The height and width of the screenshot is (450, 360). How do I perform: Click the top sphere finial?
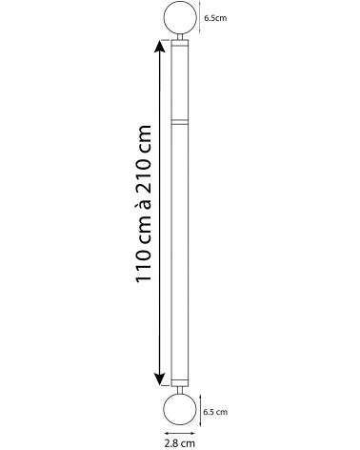[180, 17]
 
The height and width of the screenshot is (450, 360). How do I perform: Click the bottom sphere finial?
[180, 410]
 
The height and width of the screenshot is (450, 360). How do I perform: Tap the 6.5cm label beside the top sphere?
[215, 18]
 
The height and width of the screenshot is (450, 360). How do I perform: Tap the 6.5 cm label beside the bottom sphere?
[215, 412]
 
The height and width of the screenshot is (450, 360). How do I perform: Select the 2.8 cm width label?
[180, 442]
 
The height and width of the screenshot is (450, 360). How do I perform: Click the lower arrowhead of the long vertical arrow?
[159, 379]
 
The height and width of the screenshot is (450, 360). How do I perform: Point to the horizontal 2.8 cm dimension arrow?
[180, 433]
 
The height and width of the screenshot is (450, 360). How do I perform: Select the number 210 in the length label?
[143, 175]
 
